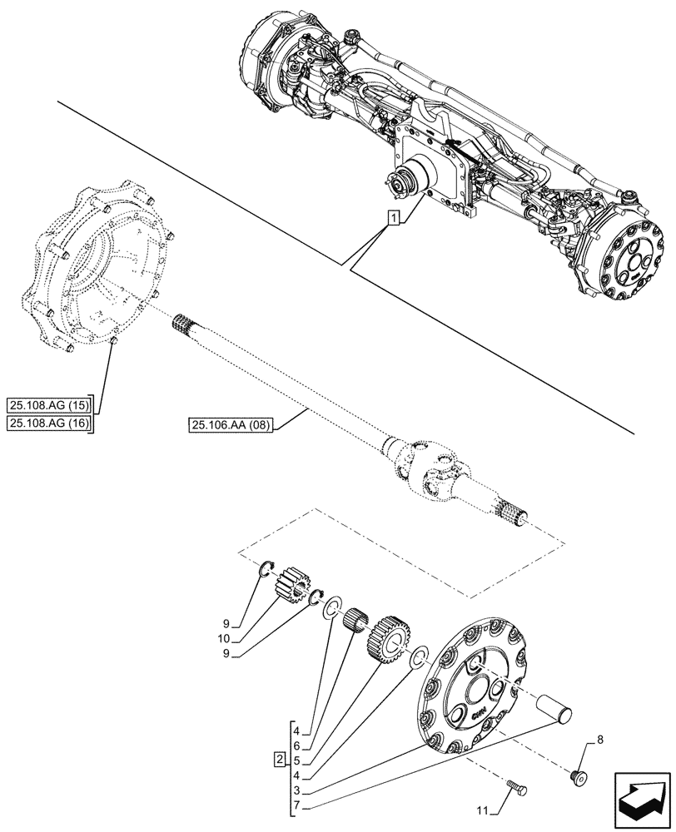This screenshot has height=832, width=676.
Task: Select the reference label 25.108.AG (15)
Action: pyautogui.click(x=52, y=406)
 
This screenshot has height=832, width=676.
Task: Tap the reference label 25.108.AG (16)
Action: pyautogui.click(x=52, y=424)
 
